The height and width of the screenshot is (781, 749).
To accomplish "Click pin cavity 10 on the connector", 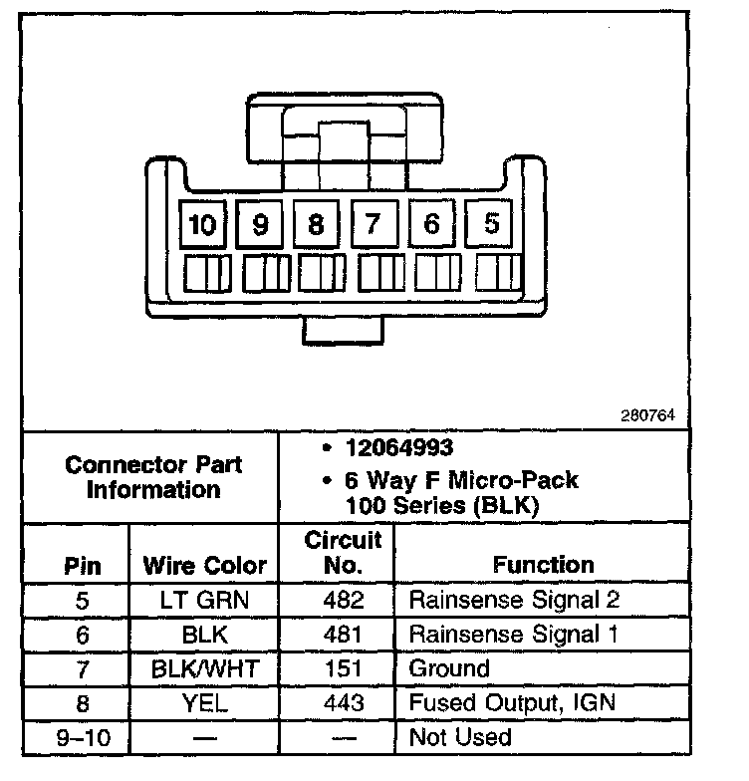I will [203, 225].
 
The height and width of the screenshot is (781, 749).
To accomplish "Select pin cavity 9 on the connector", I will [261, 225].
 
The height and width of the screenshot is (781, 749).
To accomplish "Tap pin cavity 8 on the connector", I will [317, 225].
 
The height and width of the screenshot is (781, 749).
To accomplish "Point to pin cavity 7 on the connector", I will [374, 225].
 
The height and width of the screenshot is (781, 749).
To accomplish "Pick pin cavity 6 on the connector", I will [431, 224].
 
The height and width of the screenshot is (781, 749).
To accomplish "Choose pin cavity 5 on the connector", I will [491, 224].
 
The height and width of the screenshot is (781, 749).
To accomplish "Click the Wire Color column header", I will [205, 566].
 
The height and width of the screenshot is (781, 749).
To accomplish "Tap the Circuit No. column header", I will [343, 553].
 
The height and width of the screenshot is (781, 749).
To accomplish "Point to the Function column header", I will [543, 565].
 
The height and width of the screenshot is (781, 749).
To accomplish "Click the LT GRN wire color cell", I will [205, 600].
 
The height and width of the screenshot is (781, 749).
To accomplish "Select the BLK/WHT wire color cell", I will [205, 668].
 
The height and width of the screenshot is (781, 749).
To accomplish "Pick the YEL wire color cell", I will [205, 702].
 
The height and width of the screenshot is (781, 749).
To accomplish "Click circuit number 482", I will [343, 600].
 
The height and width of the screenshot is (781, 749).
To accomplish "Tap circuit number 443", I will [343, 702].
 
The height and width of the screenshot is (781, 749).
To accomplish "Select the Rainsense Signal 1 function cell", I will [514, 634].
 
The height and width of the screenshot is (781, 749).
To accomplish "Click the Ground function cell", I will [450, 668].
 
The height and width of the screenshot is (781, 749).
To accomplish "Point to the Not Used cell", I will [460, 737].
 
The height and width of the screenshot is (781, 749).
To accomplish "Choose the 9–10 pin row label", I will [83, 737].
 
